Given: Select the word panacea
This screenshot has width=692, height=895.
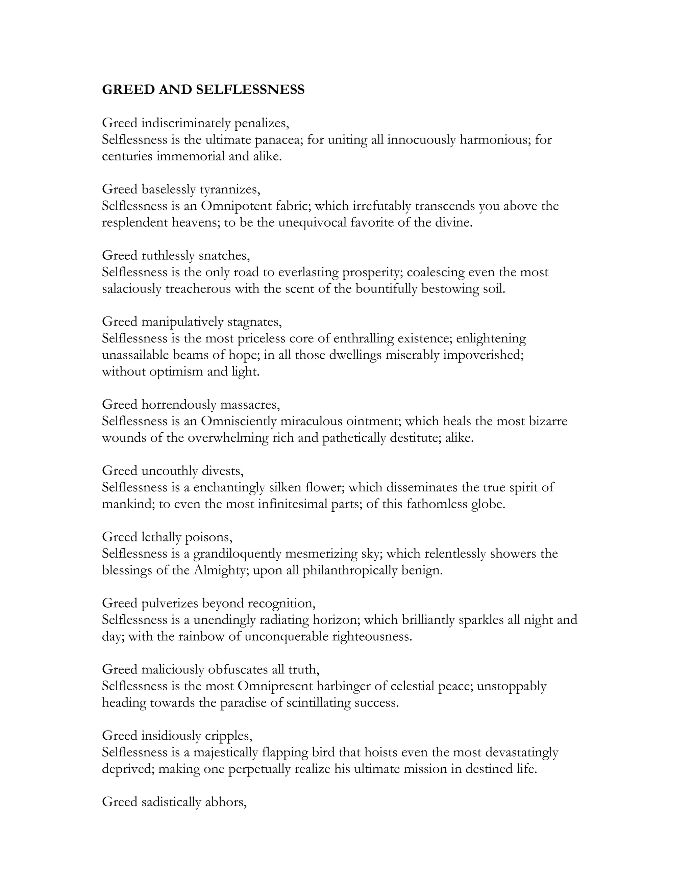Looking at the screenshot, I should tap(278, 140).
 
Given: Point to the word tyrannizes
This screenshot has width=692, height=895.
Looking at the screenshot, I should tap(229, 189).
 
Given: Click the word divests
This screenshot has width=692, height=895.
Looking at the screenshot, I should tap(223, 470).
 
